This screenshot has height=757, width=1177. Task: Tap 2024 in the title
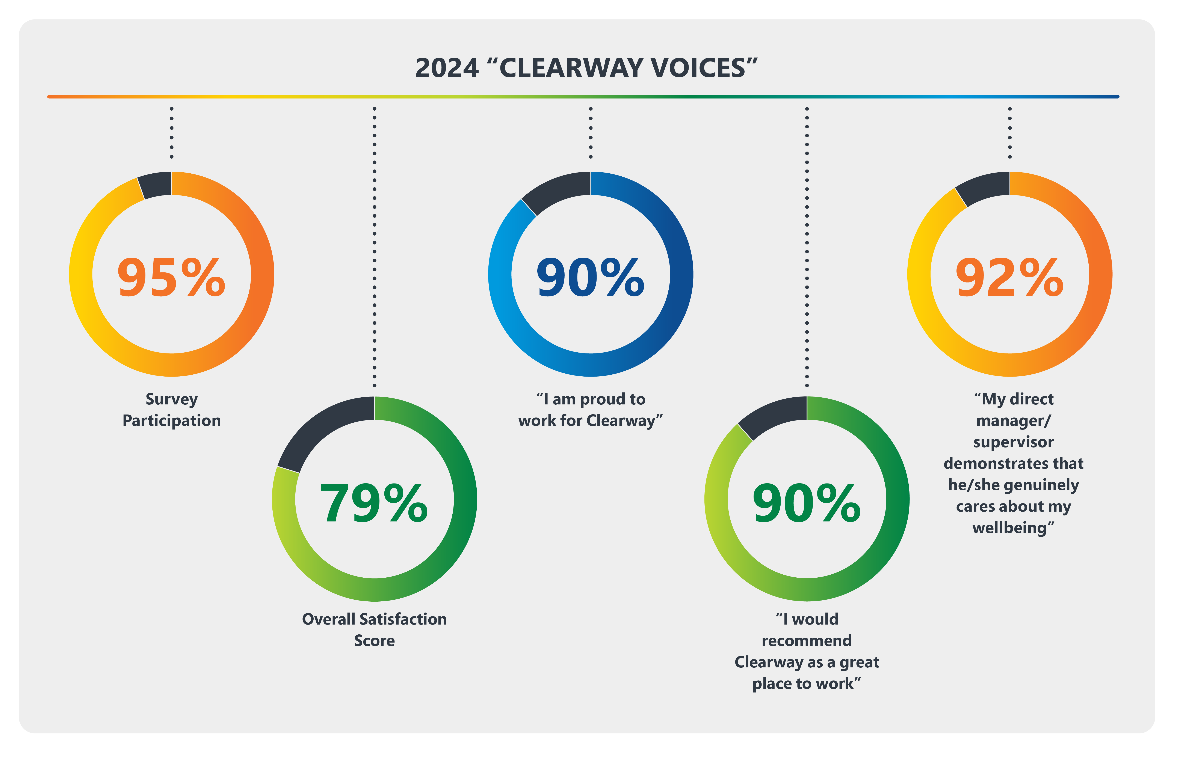(447, 68)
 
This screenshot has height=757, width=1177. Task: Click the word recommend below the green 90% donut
(807, 641)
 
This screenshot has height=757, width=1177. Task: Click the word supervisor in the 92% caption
(1013, 442)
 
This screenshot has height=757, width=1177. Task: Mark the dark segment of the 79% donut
(320, 428)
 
